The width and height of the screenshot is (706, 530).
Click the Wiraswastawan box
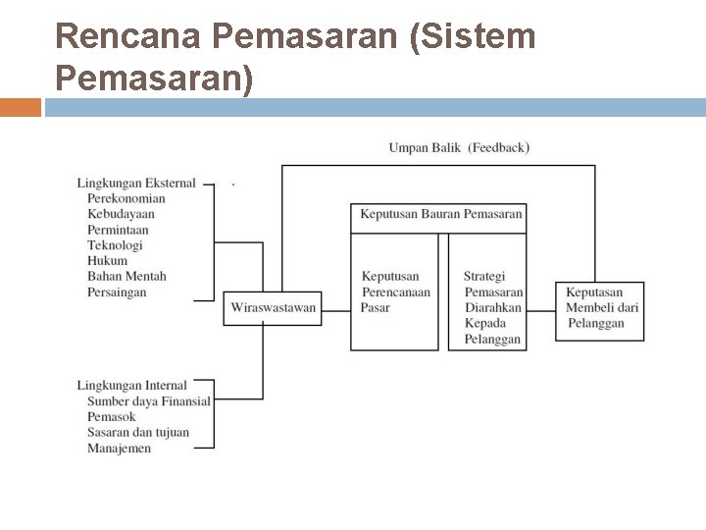(x=273, y=308)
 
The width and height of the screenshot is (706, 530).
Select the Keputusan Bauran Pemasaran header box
(x=440, y=215)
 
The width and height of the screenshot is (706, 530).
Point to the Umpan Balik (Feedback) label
(x=459, y=148)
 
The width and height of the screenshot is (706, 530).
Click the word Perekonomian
(x=126, y=198)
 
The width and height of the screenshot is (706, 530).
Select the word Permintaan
(x=118, y=230)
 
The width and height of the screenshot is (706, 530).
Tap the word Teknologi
(x=115, y=245)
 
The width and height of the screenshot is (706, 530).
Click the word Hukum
(x=107, y=261)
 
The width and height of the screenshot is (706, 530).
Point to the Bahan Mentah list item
(x=126, y=277)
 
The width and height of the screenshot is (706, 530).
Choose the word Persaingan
(x=117, y=292)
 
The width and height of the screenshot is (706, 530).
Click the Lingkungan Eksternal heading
(x=136, y=183)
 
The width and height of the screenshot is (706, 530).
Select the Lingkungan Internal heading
(x=131, y=386)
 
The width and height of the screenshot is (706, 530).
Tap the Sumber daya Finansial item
(x=149, y=401)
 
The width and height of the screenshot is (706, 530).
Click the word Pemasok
(x=111, y=417)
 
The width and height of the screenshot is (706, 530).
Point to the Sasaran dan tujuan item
(x=138, y=433)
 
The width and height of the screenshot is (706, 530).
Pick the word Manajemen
(x=119, y=449)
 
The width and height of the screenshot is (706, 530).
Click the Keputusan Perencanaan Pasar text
(x=394, y=292)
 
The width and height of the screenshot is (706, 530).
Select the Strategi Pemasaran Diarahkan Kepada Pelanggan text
(x=493, y=308)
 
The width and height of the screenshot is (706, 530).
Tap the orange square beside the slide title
(x=21, y=107)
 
